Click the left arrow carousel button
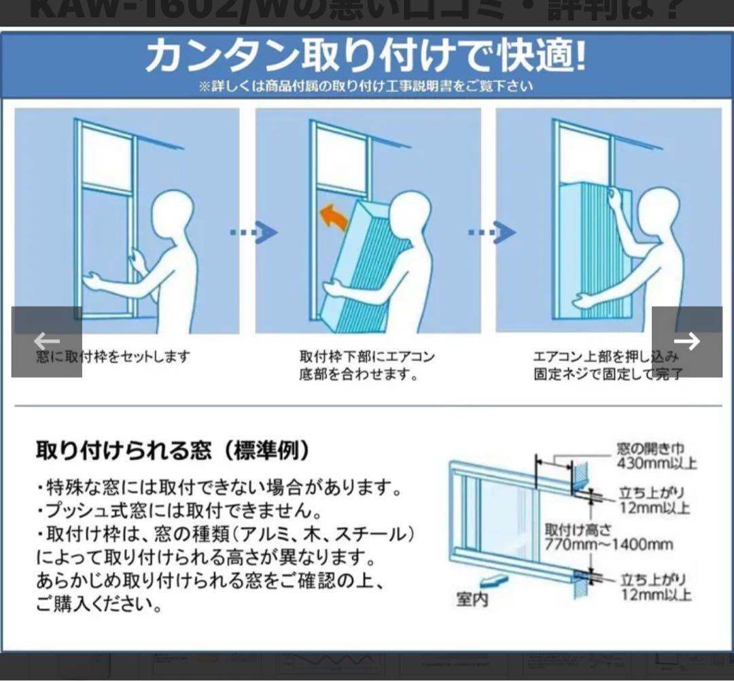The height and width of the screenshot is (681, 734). tap(46, 341)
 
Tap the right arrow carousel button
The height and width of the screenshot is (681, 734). tap(686, 341)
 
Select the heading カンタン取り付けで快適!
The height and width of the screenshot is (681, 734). tap(365, 56)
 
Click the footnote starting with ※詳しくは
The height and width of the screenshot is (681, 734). tap(366, 86)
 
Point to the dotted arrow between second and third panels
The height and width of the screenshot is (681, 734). tap(491, 233)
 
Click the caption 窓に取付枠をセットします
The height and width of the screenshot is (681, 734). tap(113, 356)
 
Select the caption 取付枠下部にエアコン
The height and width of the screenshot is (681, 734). tap(366, 356)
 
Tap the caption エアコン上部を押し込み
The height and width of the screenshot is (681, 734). tap(606, 356)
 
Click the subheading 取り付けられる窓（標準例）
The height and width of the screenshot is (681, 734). tap(174, 450)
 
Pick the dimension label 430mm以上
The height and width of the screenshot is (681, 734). tap(657, 464)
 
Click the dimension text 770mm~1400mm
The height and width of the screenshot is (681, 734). tap(609, 544)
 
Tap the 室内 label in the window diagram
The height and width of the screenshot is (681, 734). tap(472, 599)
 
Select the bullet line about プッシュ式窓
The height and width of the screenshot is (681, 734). tap(179, 510)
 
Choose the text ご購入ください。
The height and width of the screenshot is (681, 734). tap(99, 604)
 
